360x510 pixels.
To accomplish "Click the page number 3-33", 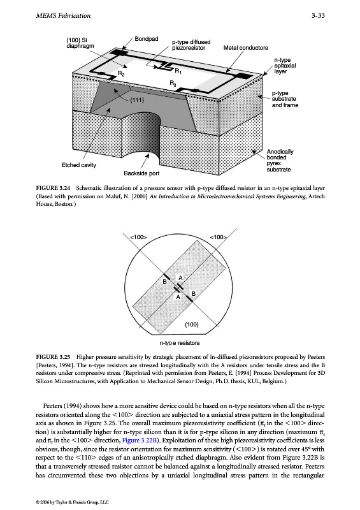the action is coord(318,15).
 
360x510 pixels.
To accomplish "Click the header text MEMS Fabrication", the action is coord(63,15).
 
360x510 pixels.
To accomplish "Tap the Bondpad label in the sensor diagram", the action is coord(147,39).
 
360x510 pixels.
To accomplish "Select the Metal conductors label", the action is coord(245,48).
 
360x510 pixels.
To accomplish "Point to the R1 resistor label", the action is coord(178,71).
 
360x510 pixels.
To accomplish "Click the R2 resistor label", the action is coord(120,74).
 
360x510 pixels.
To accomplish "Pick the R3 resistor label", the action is coord(173,84).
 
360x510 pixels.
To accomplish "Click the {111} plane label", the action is coord(137,100).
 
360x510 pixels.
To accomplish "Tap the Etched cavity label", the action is coord(79,165).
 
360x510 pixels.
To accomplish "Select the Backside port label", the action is coord(141,173).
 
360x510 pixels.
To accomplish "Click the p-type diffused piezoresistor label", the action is coord(191,45).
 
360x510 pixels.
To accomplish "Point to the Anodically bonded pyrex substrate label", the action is coord(280,161).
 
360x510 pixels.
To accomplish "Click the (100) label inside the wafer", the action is coord(192,324).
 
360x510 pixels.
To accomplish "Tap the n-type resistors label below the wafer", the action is coord(180,343).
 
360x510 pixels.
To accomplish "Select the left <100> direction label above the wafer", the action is coord(138,237).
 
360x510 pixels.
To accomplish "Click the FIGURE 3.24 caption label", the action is coord(53,188).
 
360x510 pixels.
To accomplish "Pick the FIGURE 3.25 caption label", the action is coord(53,357).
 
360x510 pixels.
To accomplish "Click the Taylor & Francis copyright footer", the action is coord(72,502).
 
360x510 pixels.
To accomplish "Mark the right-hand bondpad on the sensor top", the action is coord(243,76).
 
